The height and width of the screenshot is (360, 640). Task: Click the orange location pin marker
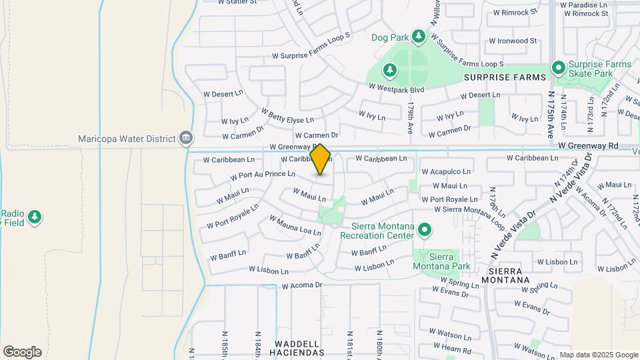(321, 159)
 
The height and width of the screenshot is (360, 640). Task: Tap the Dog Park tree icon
(418, 36)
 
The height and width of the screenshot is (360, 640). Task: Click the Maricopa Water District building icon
(186, 139)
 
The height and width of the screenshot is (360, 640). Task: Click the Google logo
(22, 352)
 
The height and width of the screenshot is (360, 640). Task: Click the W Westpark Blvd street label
(396, 88)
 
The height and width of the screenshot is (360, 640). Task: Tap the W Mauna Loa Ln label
(295, 225)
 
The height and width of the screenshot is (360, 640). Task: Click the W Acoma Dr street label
(302, 285)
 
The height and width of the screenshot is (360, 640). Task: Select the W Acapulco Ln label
(446, 171)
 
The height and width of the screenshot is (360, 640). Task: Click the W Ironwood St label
(512, 41)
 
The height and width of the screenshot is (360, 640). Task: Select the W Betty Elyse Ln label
(287, 116)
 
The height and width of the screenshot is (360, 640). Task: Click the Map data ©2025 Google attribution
(599, 355)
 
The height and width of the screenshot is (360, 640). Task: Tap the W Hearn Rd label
(450, 351)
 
